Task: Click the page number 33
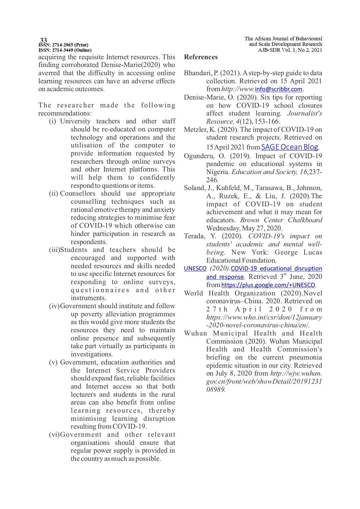click(x=44, y=40)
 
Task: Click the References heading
click(x=201, y=57)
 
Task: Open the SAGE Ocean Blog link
click(x=290, y=147)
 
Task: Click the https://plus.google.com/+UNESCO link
click(x=268, y=285)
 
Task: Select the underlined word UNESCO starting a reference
click(x=195, y=269)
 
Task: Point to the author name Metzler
click(x=195, y=129)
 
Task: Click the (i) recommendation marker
click(x=53, y=121)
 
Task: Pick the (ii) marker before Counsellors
click(x=53, y=194)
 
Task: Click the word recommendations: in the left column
click(x=65, y=113)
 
